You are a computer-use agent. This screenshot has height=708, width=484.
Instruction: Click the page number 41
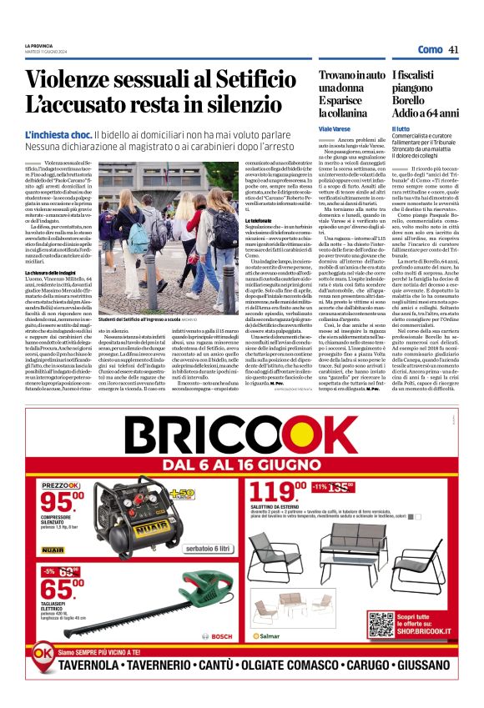454,49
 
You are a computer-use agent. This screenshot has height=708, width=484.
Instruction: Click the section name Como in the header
429,49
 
